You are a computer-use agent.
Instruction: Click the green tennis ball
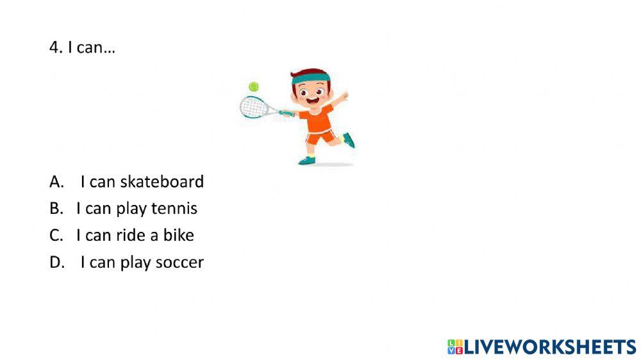click(x=253, y=86)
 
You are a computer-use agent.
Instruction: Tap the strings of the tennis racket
click(x=254, y=107)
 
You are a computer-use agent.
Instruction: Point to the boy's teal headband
click(x=311, y=78)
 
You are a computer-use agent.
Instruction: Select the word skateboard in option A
click(x=162, y=182)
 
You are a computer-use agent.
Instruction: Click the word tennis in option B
click(x=174, y=208)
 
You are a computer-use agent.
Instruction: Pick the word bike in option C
click(x=179, y=235)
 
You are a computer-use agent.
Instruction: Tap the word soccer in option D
click(x=179, y=263)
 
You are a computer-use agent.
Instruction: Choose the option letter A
click(x=56, y=182)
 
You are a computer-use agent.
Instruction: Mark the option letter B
click(x=56, y=208)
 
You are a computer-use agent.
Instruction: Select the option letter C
click(x=56, y=235)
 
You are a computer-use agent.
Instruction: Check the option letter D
click(x=57, y=263)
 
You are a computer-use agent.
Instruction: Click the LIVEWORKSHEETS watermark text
click(x=550, y=347)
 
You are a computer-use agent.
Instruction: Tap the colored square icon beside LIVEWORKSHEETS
click(x=455, y=347)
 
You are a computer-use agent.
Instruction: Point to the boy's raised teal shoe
click(x=349, y=140)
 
